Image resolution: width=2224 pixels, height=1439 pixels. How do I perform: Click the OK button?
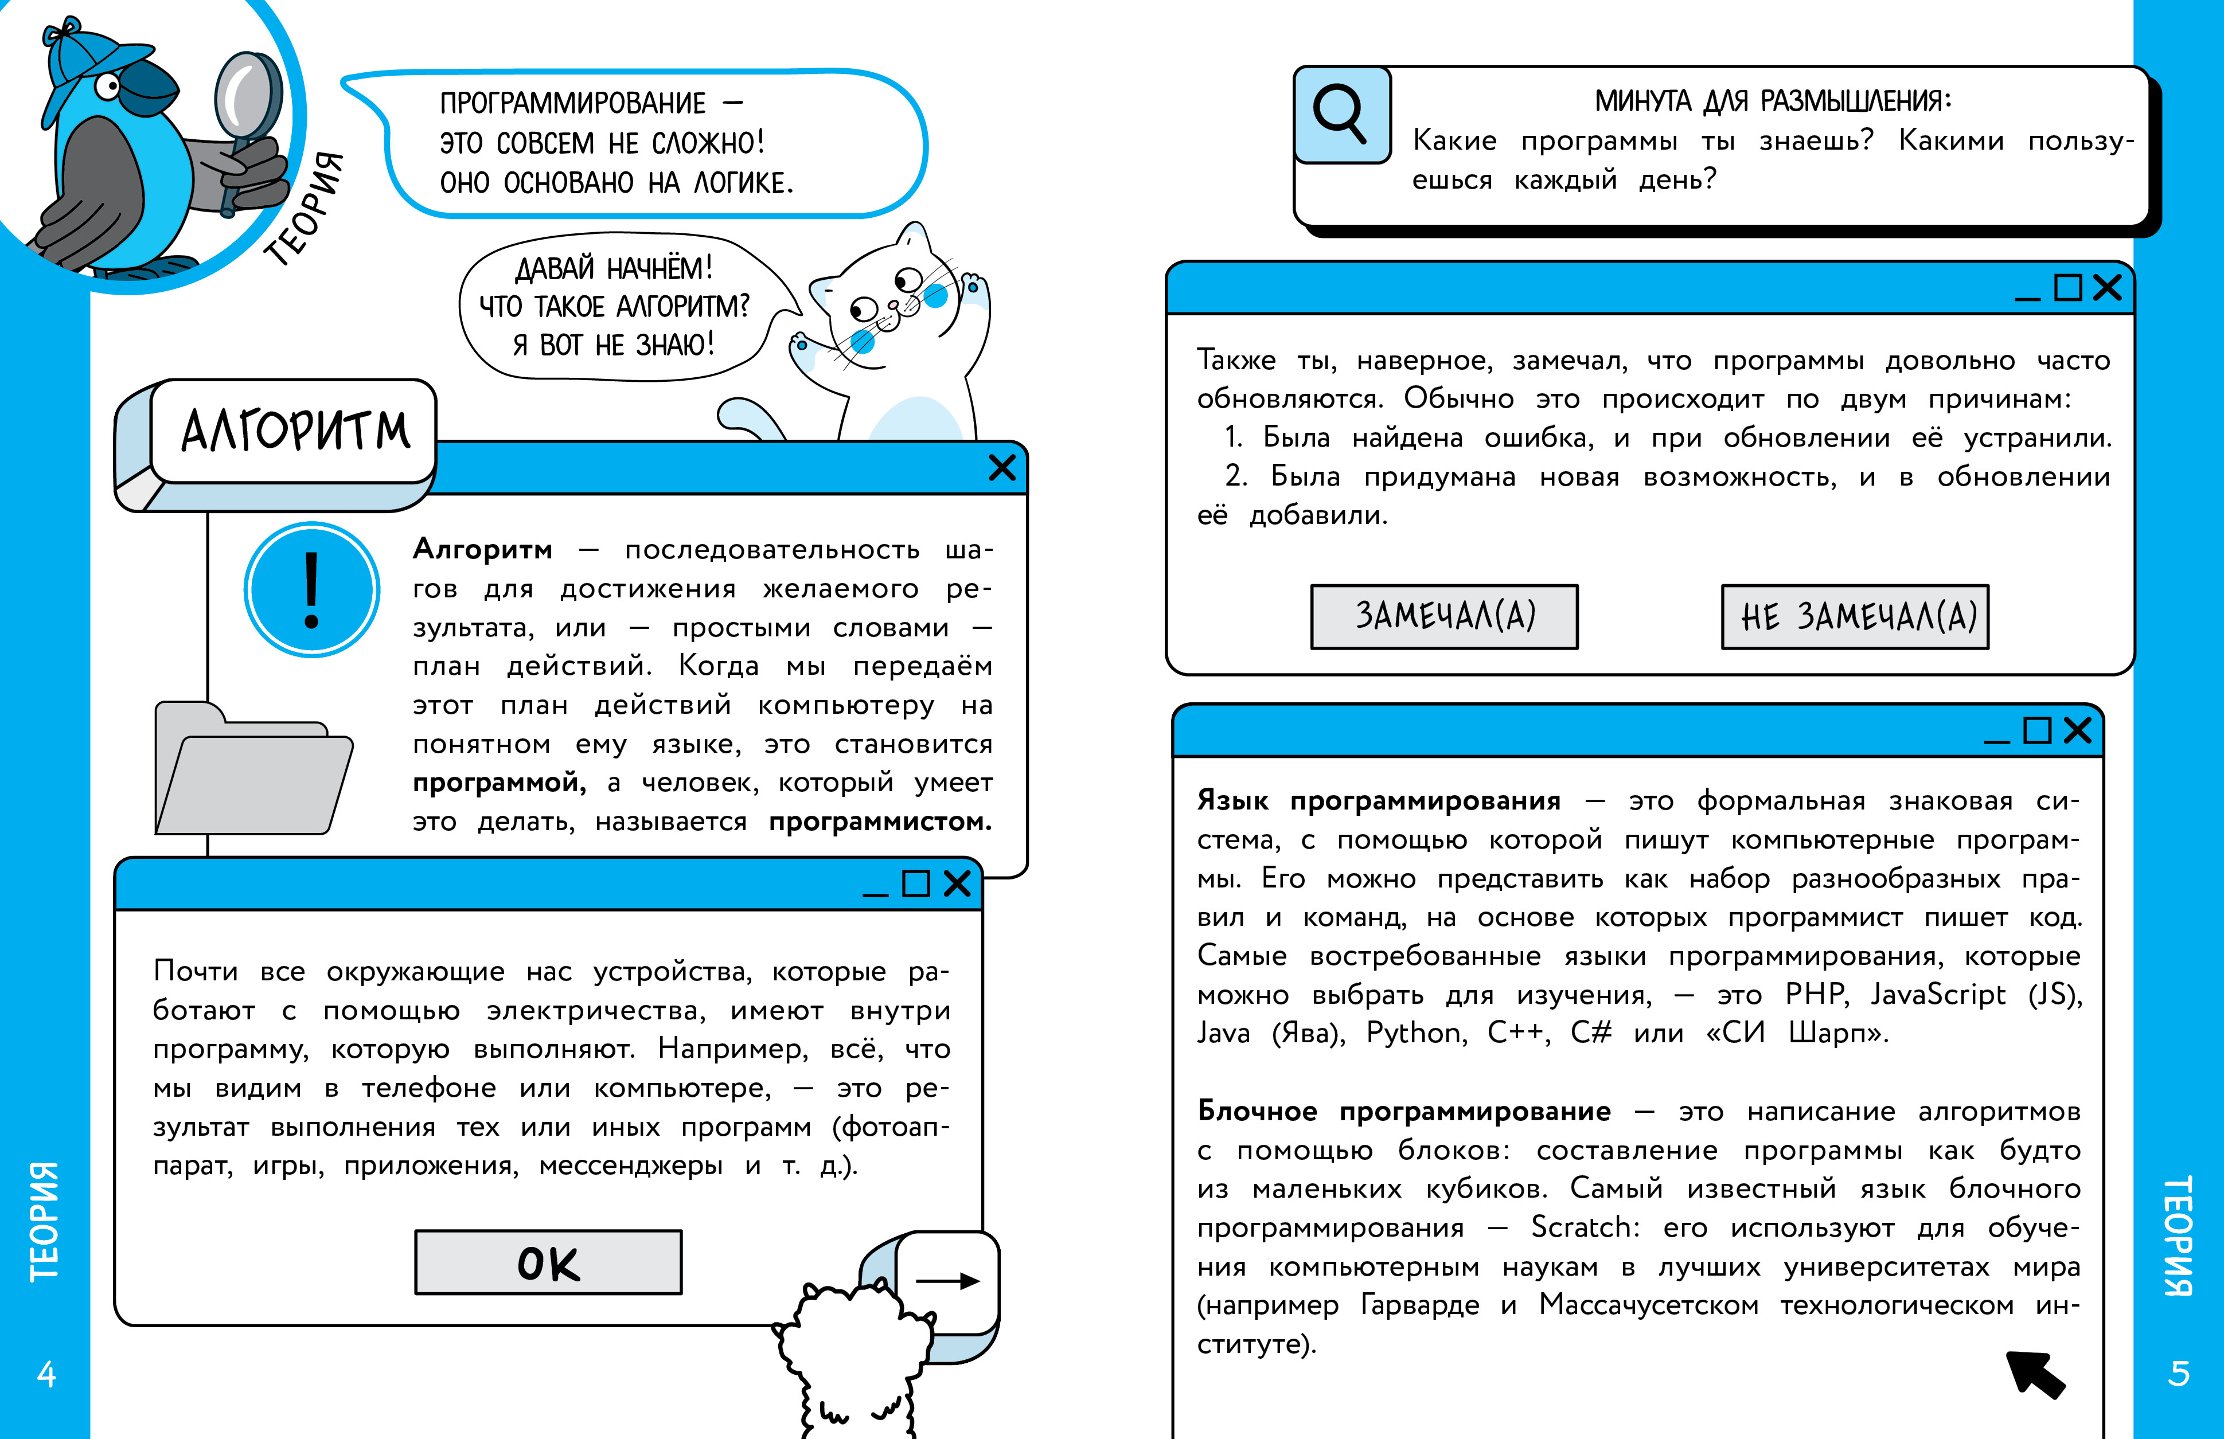tap(548, 1262)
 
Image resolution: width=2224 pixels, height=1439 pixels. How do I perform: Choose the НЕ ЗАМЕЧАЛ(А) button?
tap(1855, 617)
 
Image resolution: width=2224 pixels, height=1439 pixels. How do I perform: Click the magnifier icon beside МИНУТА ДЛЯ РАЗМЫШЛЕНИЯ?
tap(1342, 114)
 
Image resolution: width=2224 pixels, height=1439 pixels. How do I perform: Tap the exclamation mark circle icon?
tap(312, 589)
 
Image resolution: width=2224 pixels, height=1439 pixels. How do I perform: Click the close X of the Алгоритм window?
tap(1002, 467)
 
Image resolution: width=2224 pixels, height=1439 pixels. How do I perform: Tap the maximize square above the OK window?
tap(916, 883)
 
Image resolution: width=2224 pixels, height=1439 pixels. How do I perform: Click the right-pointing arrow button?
tap(947, 1281)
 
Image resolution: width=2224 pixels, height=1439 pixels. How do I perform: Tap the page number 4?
tap(46, 1374)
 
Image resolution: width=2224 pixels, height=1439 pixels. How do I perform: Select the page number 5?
tap(2178, 1374)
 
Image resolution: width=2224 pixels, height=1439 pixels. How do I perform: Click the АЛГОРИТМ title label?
tap(295, 431)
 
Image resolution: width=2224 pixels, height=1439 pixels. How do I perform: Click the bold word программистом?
tap(879, 822)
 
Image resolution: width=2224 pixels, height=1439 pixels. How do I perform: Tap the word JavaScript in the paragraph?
tap(1937, 994)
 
